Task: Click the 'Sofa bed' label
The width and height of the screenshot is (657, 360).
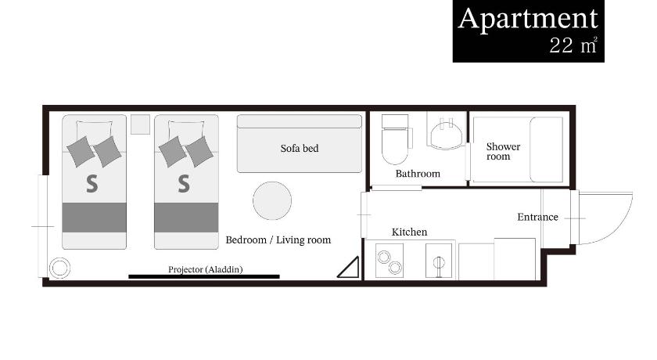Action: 299,149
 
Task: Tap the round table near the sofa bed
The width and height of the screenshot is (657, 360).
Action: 272,201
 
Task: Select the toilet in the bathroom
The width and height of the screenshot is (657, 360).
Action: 395,139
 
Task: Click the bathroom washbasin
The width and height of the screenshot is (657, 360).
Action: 447,133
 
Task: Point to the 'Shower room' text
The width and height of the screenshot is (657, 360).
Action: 503,151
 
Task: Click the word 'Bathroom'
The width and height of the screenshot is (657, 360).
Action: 418,174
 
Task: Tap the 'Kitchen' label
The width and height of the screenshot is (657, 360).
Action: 409,232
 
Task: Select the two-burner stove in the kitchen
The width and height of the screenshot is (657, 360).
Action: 390,261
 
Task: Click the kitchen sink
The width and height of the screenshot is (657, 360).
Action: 439,261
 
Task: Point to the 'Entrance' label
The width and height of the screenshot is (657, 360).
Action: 537,217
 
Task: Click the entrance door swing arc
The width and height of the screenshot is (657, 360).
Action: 621,226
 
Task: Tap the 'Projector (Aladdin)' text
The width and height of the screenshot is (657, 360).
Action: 205,269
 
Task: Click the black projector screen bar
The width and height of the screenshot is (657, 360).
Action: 204,276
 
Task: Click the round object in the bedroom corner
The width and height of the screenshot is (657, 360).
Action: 59,268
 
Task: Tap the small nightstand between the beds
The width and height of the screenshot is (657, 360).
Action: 140,124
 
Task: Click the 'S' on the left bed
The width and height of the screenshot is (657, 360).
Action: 92,184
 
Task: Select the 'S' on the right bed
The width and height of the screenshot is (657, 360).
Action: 184,184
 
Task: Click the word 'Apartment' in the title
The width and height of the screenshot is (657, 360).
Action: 528,19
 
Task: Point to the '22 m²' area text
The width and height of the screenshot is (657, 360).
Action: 573,45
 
